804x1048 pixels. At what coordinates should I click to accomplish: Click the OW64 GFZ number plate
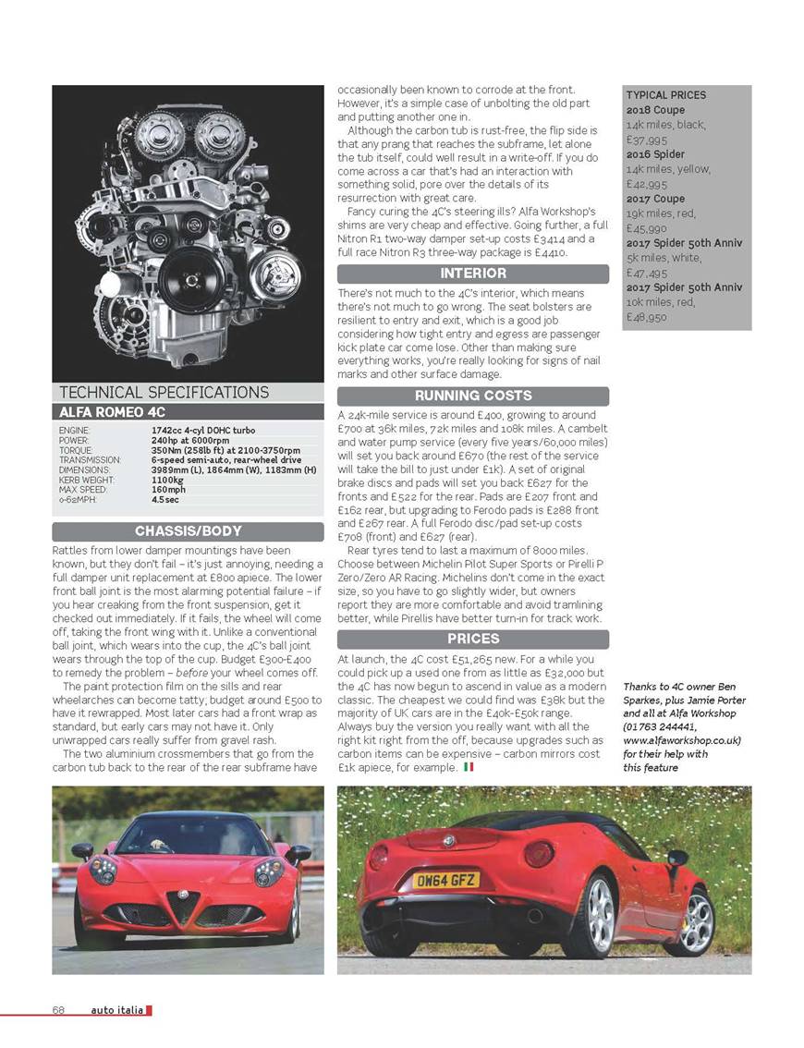(445, 880)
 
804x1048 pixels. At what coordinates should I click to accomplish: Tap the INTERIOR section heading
(472, 274)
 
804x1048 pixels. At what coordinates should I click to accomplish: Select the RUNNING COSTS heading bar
(472, 396)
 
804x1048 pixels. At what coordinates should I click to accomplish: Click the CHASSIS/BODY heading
(188, 531)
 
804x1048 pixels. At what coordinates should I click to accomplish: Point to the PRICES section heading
(472, 639)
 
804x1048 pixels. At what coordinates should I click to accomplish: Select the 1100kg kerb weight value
(168, 481)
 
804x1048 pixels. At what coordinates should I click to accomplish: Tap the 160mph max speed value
(168, 490)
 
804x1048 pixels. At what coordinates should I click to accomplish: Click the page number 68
(58, 1010)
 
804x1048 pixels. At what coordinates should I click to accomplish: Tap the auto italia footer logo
(117, 1010)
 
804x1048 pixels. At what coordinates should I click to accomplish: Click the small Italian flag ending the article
(469, 767)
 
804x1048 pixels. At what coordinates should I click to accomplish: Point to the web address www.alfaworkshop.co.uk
(682, 740)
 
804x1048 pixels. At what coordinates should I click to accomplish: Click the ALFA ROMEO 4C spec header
(113, 412)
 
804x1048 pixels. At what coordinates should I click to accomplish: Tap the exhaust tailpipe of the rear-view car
(534, 915)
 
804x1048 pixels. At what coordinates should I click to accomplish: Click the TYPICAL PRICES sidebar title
(665, 95)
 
